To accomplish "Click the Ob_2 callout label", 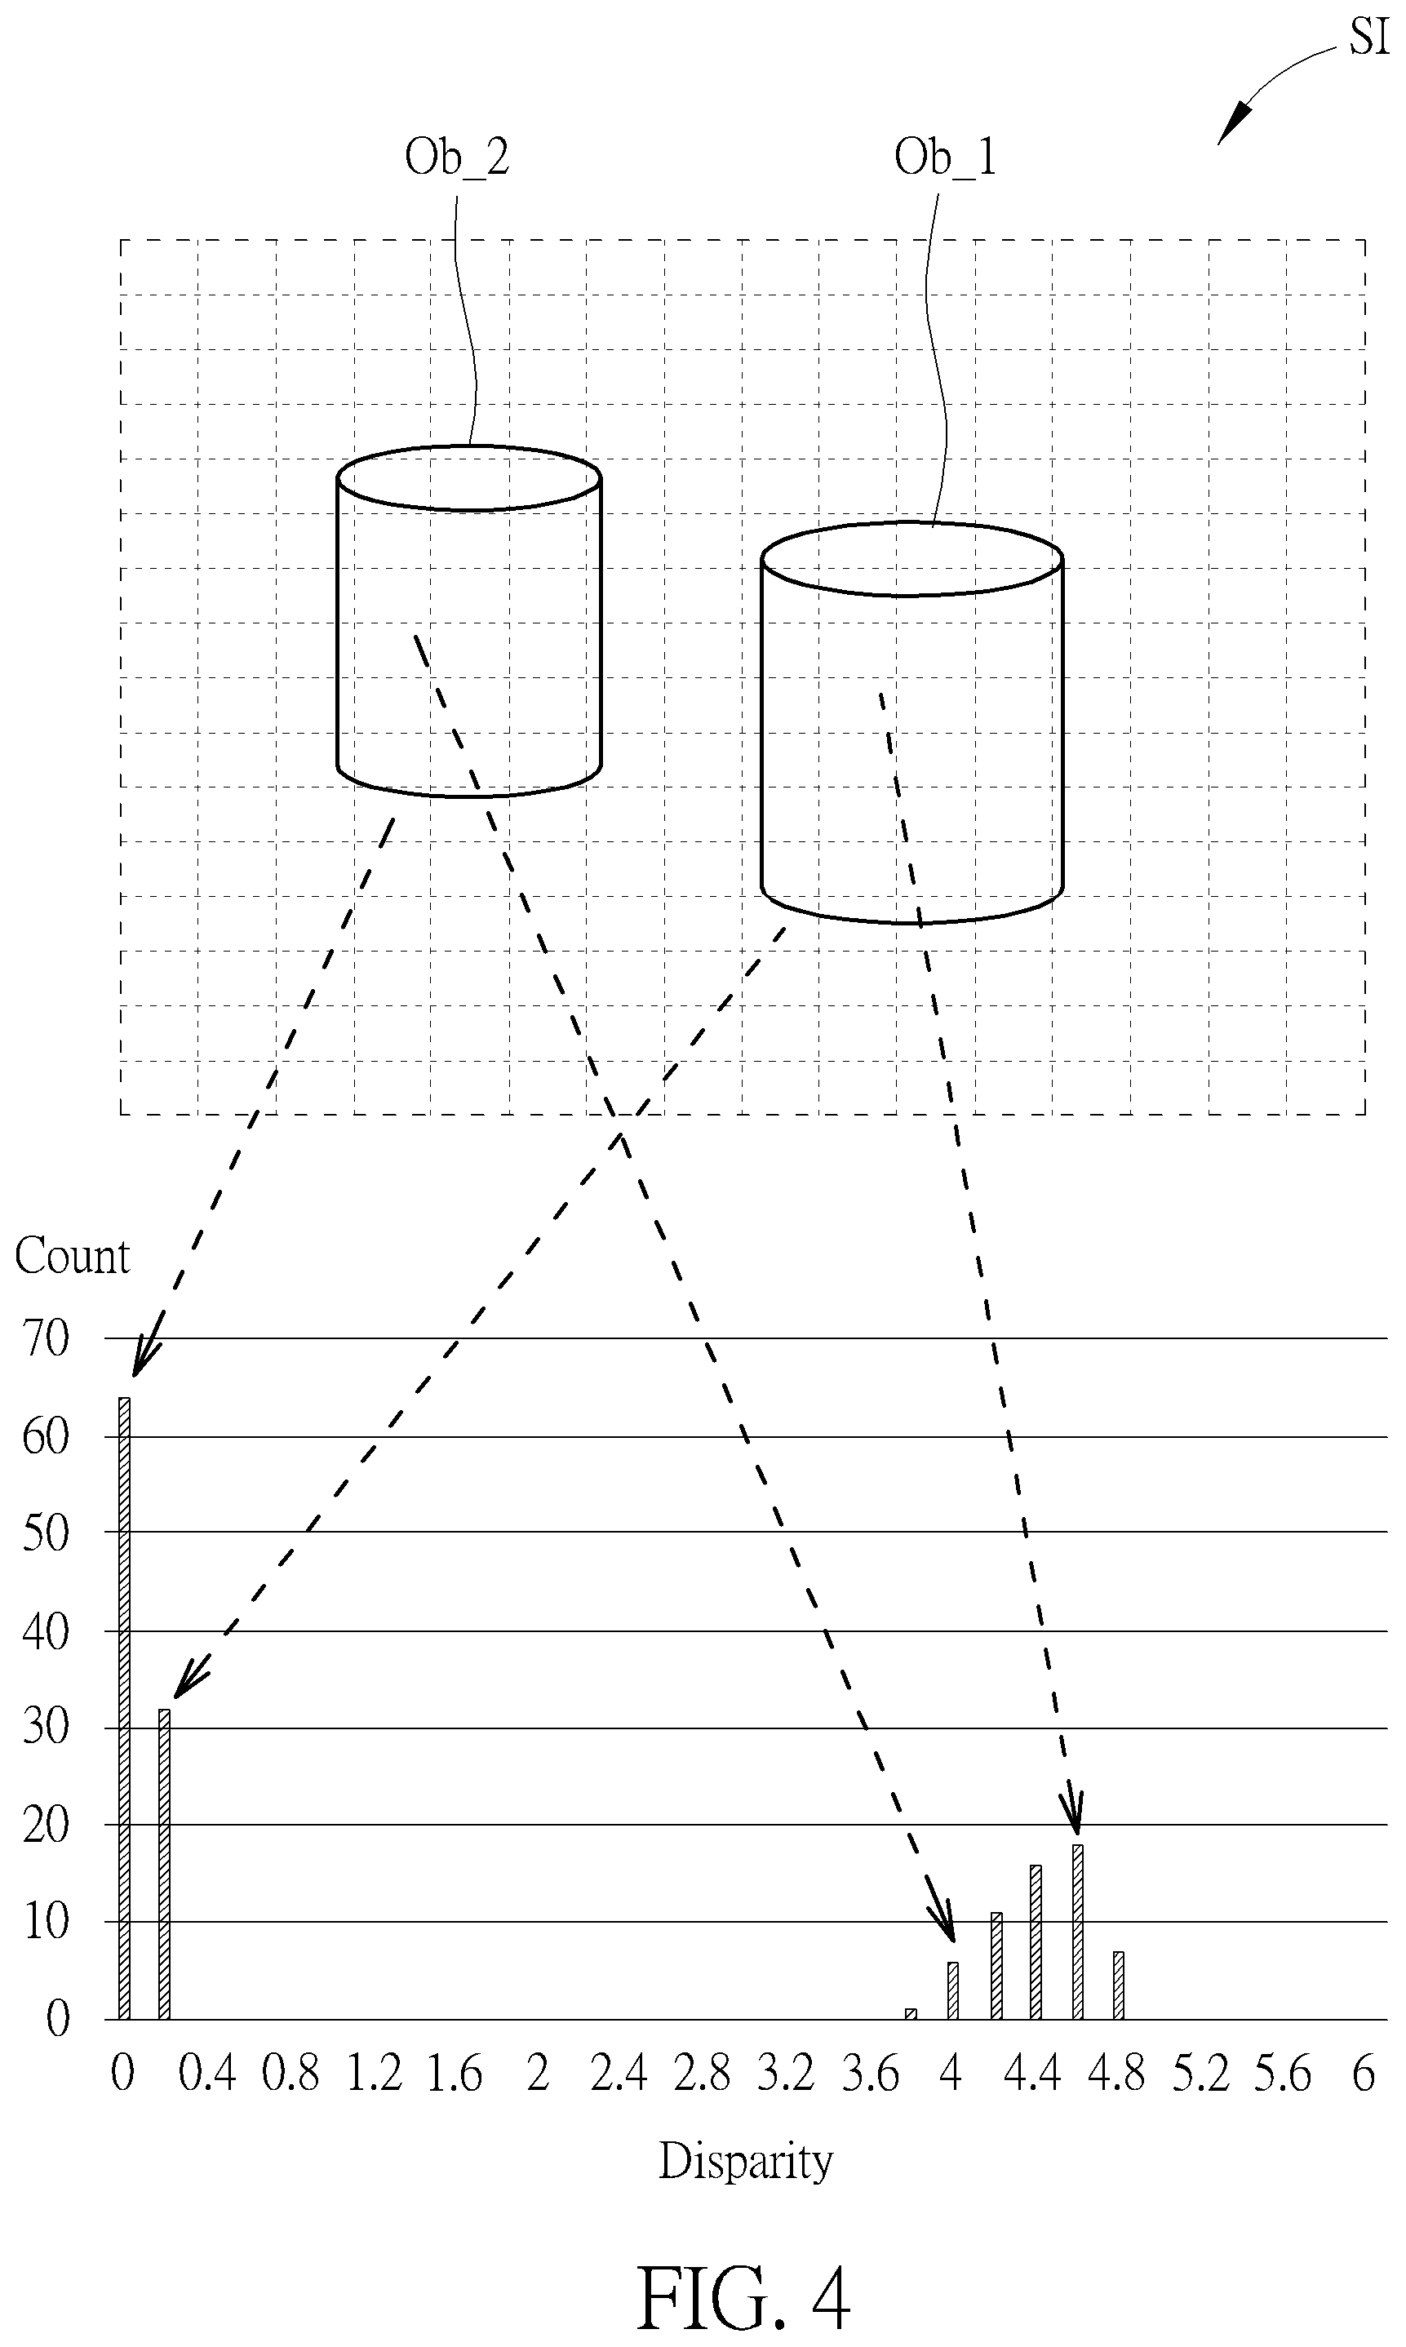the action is click(x=457, y=158).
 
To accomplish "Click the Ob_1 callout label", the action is click(x=946, y=158).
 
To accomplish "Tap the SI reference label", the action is click(x=1369, y=37).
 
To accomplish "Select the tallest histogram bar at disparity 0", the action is click(x=124, y=1708).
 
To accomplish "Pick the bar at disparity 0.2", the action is click(x=164, y=1865).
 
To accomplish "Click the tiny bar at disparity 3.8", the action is click(x=911, y=2013).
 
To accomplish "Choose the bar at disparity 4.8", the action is click(x=1118, y=1985).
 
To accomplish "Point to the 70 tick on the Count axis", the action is click(x=46, y=1340).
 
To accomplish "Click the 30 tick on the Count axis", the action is click(x=46, y=1728).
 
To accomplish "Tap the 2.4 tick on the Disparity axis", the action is click(x=619, y=2074).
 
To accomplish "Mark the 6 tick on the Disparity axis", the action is click(x=1364, y=2074).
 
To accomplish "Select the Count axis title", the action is click(x=72, y=1257).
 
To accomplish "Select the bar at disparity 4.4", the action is click(x=1036, y=1942).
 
